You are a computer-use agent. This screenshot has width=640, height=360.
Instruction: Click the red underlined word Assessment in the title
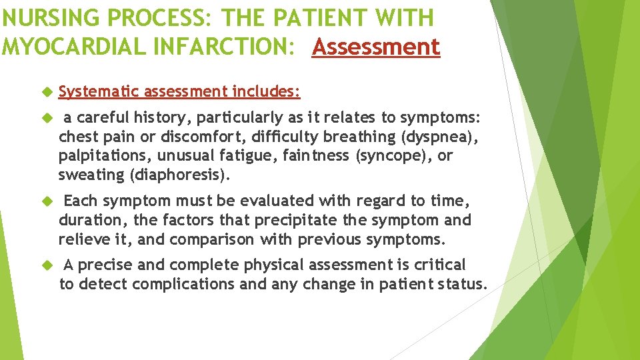376,47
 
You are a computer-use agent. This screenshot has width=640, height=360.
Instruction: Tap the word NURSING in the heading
39,18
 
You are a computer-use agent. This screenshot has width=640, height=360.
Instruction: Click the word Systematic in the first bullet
99,91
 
